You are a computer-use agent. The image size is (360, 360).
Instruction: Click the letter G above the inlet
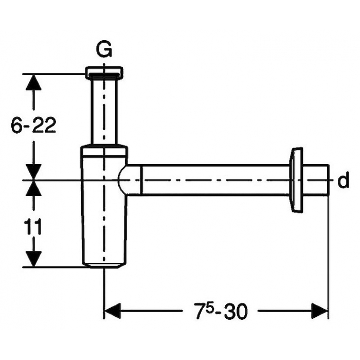104,49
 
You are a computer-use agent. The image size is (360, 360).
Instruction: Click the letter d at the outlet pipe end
343,180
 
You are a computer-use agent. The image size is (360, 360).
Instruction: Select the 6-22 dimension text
33,125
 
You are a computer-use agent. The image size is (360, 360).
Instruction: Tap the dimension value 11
33,227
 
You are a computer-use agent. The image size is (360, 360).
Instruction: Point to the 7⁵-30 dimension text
221,311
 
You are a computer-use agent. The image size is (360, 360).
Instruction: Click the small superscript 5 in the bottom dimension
209,307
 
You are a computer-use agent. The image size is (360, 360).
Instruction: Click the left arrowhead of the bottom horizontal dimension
113,311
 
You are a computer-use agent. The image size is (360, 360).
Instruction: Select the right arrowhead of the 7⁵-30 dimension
319,311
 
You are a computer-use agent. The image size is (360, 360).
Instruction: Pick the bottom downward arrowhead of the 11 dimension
33,259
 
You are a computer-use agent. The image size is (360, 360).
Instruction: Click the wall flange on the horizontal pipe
296,181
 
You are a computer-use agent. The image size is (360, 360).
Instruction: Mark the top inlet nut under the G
104,73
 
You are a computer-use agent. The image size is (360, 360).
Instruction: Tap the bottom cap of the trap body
104,265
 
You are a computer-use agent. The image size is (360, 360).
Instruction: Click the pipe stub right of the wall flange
316,180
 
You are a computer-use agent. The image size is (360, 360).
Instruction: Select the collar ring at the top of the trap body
104,151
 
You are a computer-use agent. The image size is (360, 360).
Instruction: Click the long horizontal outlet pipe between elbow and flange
216,180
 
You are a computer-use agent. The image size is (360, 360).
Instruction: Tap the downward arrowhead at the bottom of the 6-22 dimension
33,172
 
